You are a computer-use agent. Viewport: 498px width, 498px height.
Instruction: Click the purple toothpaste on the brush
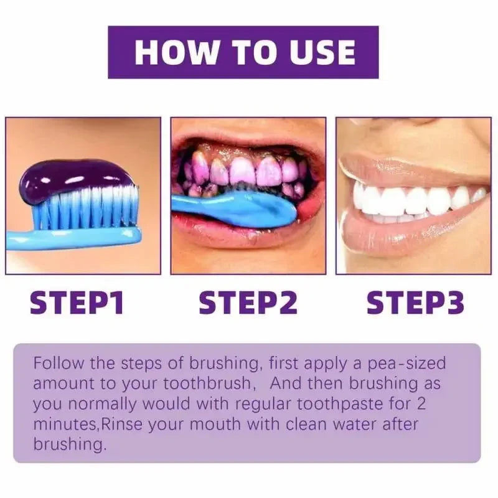[x=75, y=177]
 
